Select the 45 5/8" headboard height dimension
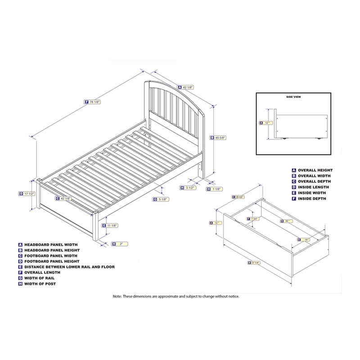(220, 138)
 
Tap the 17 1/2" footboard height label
(28, 193)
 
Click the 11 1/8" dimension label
(112, 225)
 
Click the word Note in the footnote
(117, 297)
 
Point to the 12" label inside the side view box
(266, 122)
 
